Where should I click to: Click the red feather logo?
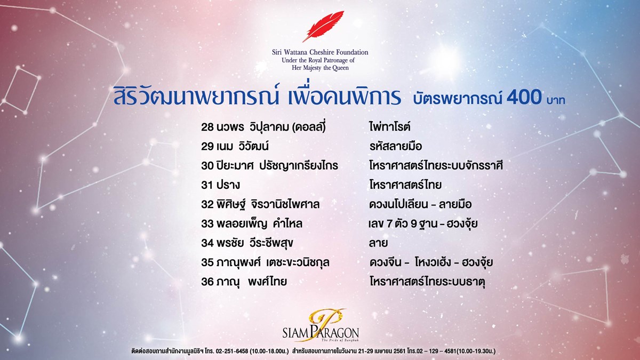323,26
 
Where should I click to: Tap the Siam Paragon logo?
321,326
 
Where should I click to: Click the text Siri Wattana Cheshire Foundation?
320,52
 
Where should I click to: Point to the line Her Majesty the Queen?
320,68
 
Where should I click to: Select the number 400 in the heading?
524,97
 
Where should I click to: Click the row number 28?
207,127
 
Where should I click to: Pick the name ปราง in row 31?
228,185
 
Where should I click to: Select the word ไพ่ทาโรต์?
390,126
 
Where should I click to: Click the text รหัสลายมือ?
396,146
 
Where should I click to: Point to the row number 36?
207,282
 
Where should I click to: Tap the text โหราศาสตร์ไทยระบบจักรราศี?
436,166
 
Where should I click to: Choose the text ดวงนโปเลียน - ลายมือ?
420,204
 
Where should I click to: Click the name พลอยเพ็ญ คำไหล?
259,223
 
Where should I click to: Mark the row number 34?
207,243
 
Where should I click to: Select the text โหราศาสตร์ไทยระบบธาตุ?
427,282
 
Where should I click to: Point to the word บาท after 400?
556,99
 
